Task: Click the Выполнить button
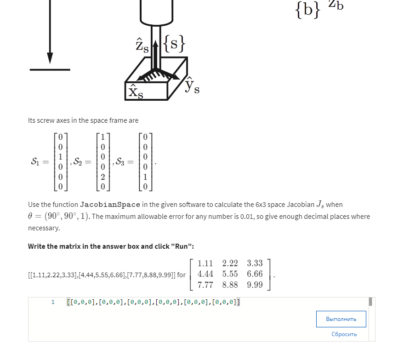coord(341,319)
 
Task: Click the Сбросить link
coord(344,334)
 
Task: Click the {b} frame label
coord(307,10)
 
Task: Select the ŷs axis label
coord(192,86)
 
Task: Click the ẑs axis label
coord(142,46)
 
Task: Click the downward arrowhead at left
coord(50,58)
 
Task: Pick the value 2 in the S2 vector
coord(102,177)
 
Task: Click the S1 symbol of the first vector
coord(36,161)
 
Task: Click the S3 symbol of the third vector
coord(121,161)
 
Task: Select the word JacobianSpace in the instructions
coord(110,204)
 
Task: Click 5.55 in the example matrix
coord(230,274)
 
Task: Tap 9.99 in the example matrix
coord(255,285)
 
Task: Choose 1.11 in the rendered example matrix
coord(205,263)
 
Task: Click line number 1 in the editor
coord(53,302)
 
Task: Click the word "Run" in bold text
coord(179,246)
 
